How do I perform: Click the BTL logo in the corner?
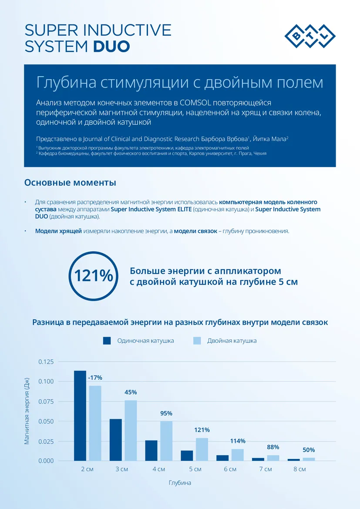tap(310, 37)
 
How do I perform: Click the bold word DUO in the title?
tap(111, 47)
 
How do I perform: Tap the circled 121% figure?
tap(93, 276)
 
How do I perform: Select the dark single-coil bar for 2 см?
tap(80, 415)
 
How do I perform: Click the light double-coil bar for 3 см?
tap(131, 430)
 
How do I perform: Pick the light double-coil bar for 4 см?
tap(166, 441)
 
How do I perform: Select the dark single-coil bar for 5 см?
tap(187, 456)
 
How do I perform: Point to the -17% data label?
tap(95, 378)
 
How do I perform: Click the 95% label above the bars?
tap(166, 413)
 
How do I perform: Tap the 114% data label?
tap(238, 441)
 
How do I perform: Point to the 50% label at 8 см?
tap(309, 450)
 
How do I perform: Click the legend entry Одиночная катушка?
tap(138, 341)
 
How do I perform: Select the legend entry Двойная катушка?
tap(225, 341)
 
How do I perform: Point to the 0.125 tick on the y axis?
tap(46, 362)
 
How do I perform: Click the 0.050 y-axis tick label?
tap(46, 422)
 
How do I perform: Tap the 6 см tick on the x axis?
tap(230, 469)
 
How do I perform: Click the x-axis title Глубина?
tap(180, 483)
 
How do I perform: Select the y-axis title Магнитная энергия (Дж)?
tap(27, 411)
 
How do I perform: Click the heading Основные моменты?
tap(70, 182)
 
